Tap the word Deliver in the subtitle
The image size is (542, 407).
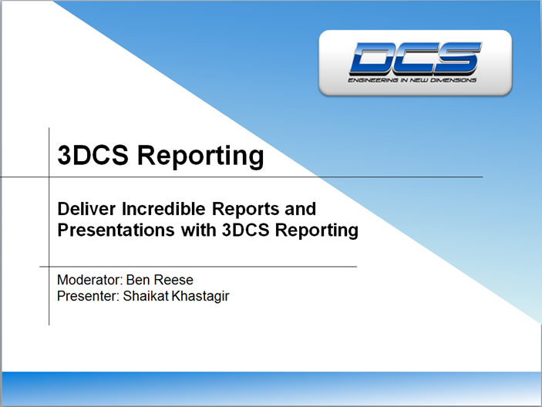84,209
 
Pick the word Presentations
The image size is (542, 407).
112,230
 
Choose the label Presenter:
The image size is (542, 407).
88,294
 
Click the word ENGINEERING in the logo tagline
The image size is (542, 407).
371,79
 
